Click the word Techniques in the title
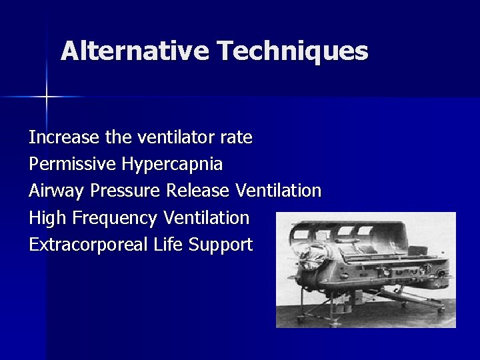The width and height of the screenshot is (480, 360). [x=292, y=51]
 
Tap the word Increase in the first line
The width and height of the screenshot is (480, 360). [x=65, y=137]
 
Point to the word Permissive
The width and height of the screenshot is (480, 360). [x=73, y=164]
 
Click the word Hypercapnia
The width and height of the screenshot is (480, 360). [x=172, y=164]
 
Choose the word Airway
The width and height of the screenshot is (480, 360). [x=57, y=191]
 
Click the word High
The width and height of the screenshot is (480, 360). [x=47, y=217]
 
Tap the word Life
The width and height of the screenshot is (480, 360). [x=168, y=244]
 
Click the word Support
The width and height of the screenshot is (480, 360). [x=221, y=245]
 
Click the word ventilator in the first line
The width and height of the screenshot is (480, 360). [x=176, y=137]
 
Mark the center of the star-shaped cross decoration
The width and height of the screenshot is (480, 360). [x=46, y=97]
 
